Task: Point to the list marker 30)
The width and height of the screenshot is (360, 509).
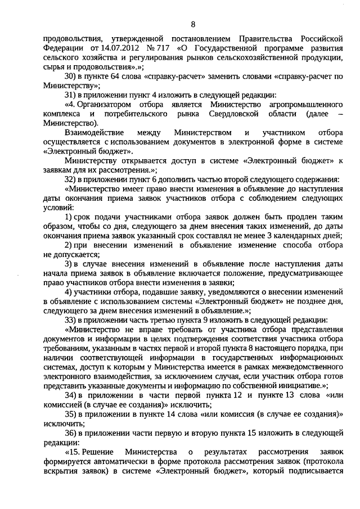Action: (71, 76)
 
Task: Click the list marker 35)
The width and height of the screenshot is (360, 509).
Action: (71, 413)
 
